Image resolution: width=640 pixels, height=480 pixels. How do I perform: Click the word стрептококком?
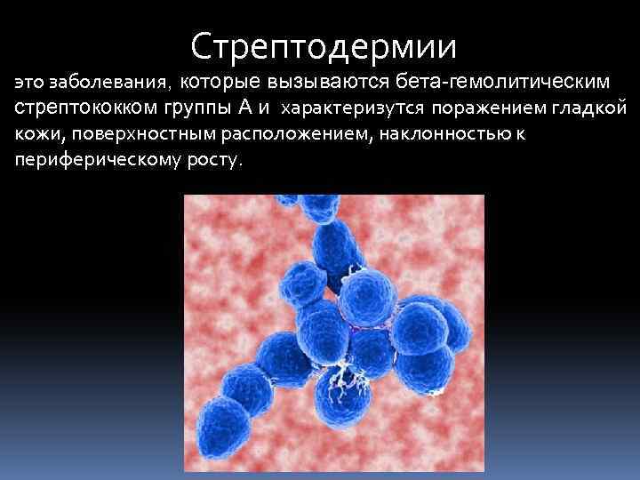[84, 109]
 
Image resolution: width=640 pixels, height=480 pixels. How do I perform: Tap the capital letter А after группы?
[244, 108]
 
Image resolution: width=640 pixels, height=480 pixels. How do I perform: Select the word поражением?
[480, 109]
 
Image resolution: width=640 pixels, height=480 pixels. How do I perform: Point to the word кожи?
[33, 135]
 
